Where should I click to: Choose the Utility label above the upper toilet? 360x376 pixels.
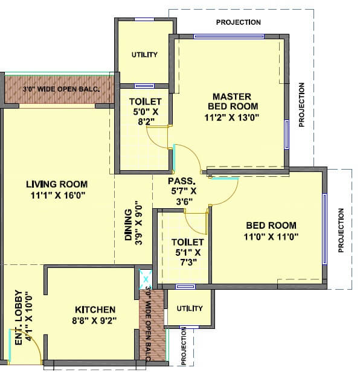[x=144, y=55]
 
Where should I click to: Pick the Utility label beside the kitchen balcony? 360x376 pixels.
[x=190, y=308]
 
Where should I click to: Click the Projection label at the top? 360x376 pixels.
[x=238, y=23]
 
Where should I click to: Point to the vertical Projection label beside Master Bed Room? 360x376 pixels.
[x=302, y=104]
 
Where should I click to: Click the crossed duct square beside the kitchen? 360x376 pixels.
[x=145, y=278]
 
